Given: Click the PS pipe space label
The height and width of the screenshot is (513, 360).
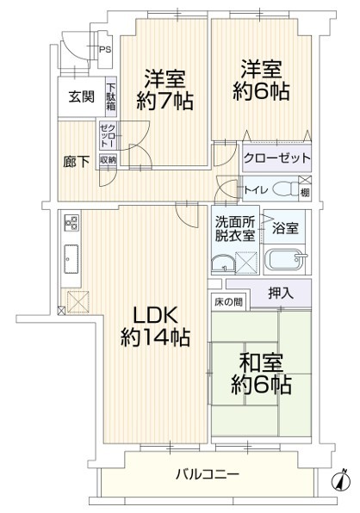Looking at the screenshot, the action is pos(105,50).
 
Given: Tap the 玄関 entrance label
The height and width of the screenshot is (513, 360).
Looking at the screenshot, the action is pos(82,97).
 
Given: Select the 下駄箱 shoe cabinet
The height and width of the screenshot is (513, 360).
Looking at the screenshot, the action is pos(110,97).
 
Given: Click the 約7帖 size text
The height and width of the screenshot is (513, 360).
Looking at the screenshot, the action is pos(164,101).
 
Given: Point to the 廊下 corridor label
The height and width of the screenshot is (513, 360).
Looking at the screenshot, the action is pos(77,162).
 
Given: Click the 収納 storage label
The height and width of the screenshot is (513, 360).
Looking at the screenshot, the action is pos(108,160).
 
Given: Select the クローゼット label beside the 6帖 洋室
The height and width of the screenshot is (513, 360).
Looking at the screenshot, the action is pos(276,158).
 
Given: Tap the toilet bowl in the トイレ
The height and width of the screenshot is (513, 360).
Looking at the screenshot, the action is pos(284,189).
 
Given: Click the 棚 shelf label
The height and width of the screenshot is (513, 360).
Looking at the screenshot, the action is pos(305,193).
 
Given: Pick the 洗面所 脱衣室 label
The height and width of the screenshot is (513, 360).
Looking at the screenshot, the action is pos(235,229).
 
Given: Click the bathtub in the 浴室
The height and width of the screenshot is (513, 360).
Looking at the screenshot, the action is pos(284,259).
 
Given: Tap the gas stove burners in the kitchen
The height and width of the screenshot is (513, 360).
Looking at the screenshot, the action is pos(71,222).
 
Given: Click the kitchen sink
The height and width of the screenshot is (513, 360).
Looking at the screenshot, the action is pos(71,259).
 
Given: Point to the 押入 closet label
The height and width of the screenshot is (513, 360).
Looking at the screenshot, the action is pos(281,293).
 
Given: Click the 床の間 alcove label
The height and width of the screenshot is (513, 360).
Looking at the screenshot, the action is pos(229,302).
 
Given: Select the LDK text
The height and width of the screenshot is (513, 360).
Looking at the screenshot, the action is pos(155,315).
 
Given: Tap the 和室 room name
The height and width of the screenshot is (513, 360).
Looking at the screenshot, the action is pos(261,363).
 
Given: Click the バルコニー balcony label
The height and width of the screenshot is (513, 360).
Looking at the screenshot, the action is pos(208,473).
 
